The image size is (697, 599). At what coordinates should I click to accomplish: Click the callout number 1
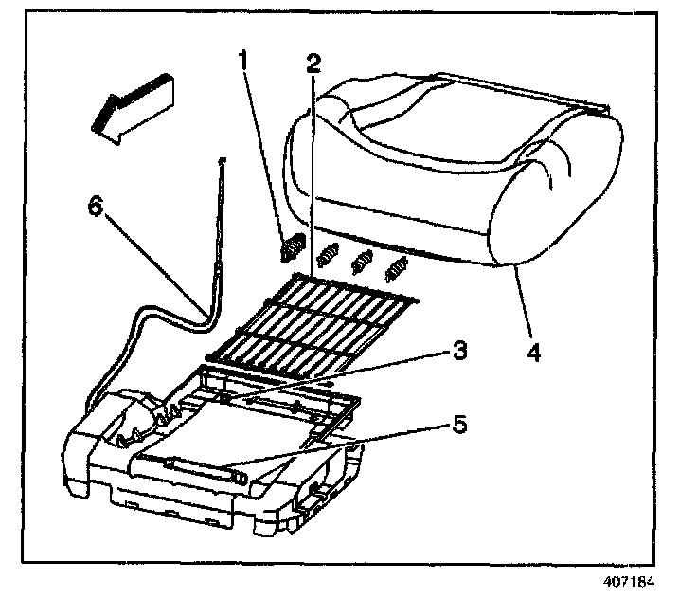[x=244, y=65]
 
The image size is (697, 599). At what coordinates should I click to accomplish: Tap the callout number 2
[x=312, y=65]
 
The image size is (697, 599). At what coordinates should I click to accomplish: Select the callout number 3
[x=457, y=351]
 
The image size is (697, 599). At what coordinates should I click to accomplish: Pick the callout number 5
[x=457, y=425]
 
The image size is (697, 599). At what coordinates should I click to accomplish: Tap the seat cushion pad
[x=455, y=171]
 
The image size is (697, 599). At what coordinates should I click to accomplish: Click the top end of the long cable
[x=222, y=163]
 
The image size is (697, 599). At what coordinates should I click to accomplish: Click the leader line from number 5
[x=360, y=447]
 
